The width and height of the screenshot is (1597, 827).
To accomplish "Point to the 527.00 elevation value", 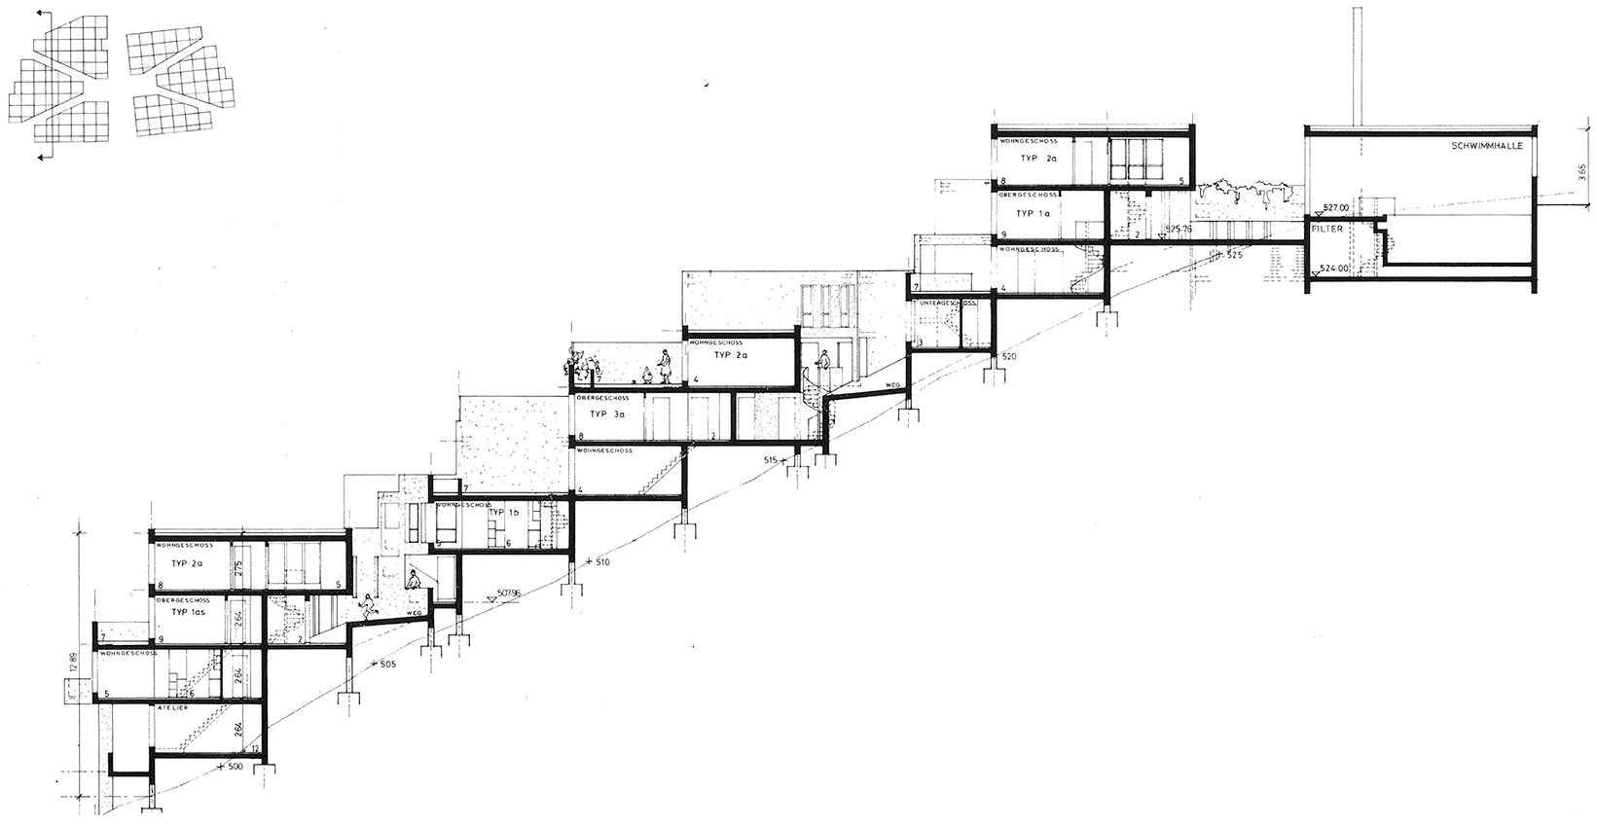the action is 1339,207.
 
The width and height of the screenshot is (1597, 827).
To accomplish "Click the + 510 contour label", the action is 601,562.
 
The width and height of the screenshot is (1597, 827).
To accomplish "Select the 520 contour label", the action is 1008,358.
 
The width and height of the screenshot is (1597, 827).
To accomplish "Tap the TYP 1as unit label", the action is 192,614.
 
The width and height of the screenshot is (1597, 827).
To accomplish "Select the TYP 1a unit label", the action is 1033,213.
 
